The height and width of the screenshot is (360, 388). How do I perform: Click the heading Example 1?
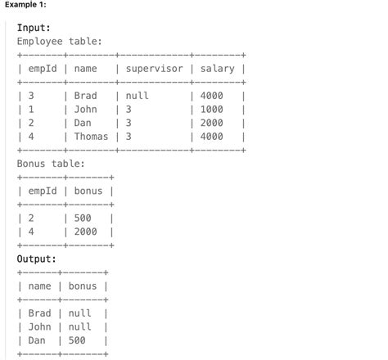coord(25,4)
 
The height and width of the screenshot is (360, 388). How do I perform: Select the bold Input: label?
coord(34,28)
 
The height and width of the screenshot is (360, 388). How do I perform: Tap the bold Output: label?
coord(37,259)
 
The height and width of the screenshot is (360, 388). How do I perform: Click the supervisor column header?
coord(154,69)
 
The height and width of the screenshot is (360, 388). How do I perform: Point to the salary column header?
coord(218,69)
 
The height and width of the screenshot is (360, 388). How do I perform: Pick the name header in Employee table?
coord(85,69)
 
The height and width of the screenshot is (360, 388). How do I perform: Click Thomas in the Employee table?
coord(91,137)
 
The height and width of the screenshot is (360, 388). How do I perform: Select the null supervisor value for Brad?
coord(137,96)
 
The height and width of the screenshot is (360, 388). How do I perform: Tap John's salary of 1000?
coord(212,110)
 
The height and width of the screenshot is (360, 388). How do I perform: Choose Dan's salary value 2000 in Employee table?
coord(212,123)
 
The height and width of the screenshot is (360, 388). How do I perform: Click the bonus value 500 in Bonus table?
coord(83,218)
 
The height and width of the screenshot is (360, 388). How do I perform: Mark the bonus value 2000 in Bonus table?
coord(86,232)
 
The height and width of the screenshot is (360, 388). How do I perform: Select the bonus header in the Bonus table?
coord(88,191)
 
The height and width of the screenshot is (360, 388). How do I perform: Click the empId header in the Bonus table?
coord(43,191)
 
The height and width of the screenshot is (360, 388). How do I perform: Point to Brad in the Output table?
coord(39,313)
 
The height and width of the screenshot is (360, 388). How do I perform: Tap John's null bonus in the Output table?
coord(79,326)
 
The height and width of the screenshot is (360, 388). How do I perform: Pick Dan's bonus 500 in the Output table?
coord(77,340)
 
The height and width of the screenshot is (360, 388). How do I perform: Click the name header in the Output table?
coord(39,286)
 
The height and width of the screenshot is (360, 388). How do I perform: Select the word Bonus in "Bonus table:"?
coord(31,164)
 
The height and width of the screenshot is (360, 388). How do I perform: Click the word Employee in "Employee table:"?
coord(39,42)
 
